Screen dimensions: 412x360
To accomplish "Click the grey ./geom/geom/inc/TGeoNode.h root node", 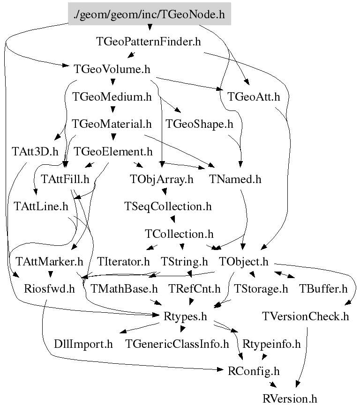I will (150, 15).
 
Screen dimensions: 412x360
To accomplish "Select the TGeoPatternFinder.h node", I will (149, 42).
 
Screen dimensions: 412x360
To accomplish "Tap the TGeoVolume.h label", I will (112, 69).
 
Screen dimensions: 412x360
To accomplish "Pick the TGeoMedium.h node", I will (112, 97).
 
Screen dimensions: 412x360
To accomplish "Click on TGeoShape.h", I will (199, 124).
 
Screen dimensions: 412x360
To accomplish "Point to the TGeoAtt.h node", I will (254, 97).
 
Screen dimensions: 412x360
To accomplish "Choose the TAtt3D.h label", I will (35, 151).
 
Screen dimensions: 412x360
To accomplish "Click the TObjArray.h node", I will (162, 179).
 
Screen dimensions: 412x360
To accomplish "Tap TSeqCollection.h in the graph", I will (168, 206).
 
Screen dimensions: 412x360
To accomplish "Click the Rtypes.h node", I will (185, 316).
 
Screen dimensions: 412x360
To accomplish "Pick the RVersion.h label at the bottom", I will (290, 399).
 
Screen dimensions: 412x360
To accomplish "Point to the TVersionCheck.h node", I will (306, 316).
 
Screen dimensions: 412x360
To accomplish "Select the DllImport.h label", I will (84, 345).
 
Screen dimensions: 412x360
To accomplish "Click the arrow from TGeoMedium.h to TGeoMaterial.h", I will (112, 110).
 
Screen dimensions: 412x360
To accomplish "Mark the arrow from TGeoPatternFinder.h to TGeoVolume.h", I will (131, 55).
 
